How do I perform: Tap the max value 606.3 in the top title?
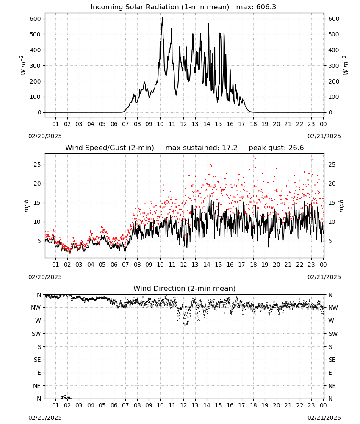[x=266, y=7]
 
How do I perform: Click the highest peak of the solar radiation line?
[x=162, y=17]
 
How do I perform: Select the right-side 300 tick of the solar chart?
[x=334, y=66]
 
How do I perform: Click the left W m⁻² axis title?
[x=23, y=65]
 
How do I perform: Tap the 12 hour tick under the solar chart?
[x=183, y=124]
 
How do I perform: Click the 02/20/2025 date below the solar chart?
[x=45, y=136]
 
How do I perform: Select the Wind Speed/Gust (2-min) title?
[x=110, y=148]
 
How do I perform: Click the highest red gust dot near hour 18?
[x=255, y=159]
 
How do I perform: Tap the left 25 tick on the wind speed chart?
[x=38, y=165]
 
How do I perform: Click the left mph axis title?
[x=26, y=206]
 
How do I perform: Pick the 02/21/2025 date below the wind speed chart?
[x=324, y=277]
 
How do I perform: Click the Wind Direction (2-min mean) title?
[x=185, y=288]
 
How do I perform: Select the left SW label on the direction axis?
[x=36, y=334]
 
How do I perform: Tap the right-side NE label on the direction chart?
[x=332, y=386]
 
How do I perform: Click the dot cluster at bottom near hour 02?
[x=66, y=397]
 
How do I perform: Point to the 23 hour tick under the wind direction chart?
[x=311, y=405]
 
